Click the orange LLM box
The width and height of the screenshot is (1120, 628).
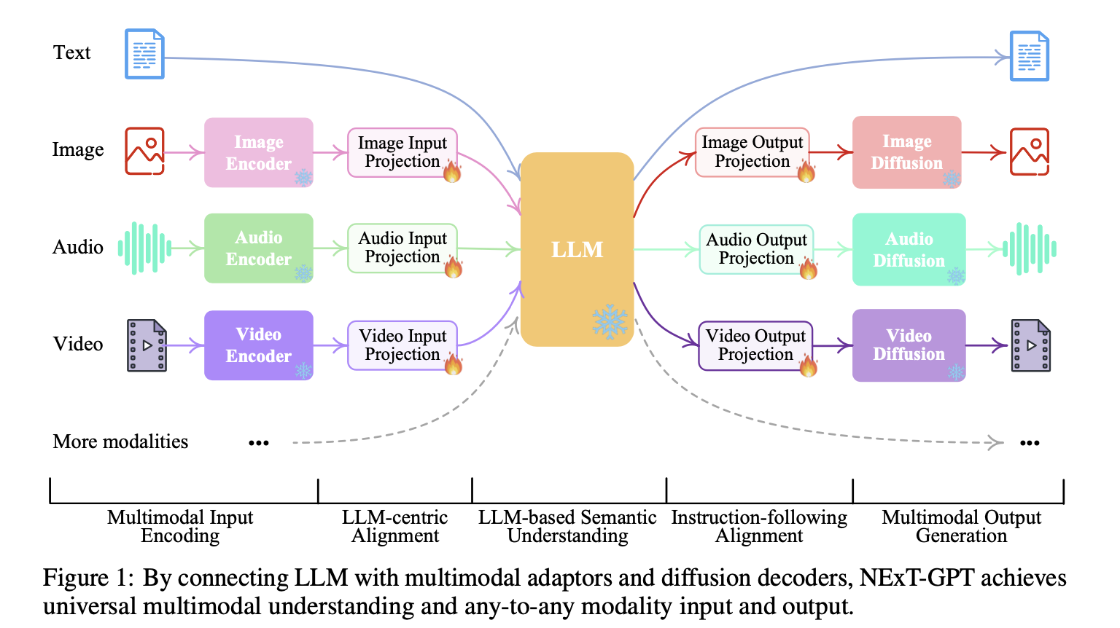pyautogui.click(x=577, y=249)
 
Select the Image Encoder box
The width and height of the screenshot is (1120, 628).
pyautogui.click(x=259, y=153)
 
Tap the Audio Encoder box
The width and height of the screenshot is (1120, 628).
pyautogui.click(x=259, y=248)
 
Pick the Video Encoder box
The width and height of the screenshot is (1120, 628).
pyautogui.click(x=259, y=345)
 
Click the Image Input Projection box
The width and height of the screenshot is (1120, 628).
pyautogui.click(x=402, y=152)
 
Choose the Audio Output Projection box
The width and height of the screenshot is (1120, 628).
pyautogui.click(x=756, y=249)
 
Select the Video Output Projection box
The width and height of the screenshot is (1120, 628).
pyautogui.click(x=755, y=345)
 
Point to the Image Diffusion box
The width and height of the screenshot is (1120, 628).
pyautogui.click(x=907, y=152)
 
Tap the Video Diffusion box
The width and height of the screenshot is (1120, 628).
pyautogui.click(x=909, y=345)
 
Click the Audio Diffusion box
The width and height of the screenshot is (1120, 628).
pyautogui.click(x=909, y=249)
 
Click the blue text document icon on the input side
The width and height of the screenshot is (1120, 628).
pyautogui.click(x=144, y=54)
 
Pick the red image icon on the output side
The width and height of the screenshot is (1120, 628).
pyautogui.click(x=1029, y=152)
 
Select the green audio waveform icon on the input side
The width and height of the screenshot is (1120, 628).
pyautogui.click(x=144, y=248)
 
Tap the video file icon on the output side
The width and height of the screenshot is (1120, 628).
pyautogui.click(x=1031, y=345)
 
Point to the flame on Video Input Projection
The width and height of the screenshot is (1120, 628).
pyautogui.click(x=454, y=363)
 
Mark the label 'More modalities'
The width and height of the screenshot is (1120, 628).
pyautogui.click(x=120, y=441)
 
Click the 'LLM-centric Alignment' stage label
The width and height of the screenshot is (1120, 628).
pyautogui.click(x=395, y=527)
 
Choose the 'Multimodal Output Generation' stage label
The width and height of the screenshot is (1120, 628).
pyautogui.click(x=961, y=527)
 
